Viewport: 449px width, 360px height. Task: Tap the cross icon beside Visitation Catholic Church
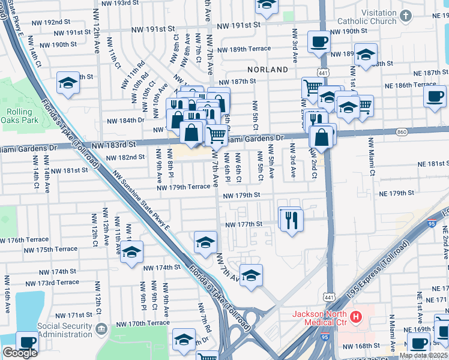click(406, 16)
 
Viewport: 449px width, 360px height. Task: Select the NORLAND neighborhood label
click(268, 70)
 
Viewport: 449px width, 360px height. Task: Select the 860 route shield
click(401, 131)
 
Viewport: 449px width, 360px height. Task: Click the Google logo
click(20, 353)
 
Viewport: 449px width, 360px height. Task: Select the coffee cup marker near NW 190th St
click(318, 41)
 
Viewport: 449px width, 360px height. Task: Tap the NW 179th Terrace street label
click(184, 187)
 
